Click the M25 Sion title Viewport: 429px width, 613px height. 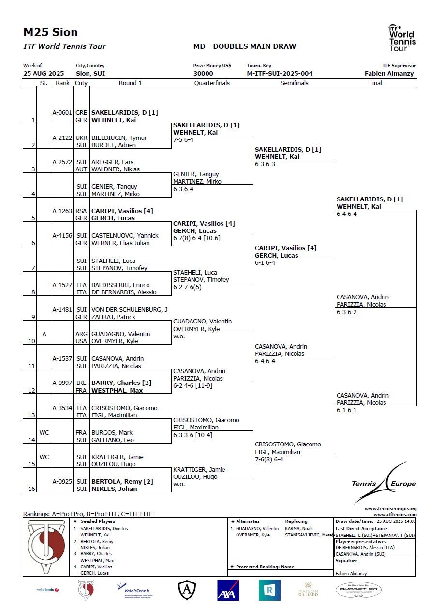click(x=50, y=32)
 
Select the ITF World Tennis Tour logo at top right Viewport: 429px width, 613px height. click(x=401, y=38)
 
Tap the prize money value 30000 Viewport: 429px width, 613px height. click(x=203, y=74)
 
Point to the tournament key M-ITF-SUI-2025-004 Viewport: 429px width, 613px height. click(x=280, y=74)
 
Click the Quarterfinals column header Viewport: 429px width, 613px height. click(x=212, y=83)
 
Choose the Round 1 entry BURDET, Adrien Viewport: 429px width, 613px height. click(x=114, y=145)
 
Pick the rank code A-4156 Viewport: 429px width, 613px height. click(x=62, y=236)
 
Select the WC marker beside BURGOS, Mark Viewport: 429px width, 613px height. click(x=44, y=433)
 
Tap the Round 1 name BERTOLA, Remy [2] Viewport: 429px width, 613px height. click(x=121, y=482)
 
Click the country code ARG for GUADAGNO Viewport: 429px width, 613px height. click(x=81, y=334)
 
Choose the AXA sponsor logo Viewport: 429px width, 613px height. click(x=228, y=590)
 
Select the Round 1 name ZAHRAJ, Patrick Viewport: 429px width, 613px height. click(x=114, y=317)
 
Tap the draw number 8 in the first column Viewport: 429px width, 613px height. click(x=33, y=292)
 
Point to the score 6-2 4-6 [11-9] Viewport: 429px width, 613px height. click(x=192, y=386)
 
